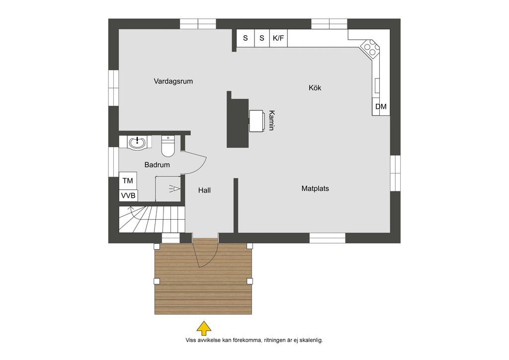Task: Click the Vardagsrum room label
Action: [173, 81]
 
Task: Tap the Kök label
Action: [315, 88]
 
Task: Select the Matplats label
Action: [315, 188]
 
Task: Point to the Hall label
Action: [204, 190]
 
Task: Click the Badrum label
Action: [157, 165]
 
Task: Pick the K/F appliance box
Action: [278, 38]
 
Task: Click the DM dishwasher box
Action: [381, 106]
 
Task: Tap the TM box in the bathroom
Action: [128, 180]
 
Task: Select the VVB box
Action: [128, 196]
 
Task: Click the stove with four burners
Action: [371, 49]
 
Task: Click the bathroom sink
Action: [138, 143]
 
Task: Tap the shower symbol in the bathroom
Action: [174, 188]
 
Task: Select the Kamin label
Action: [271, 120]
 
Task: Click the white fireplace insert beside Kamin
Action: [256, 121]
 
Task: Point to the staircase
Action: [152, 219]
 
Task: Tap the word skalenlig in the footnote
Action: [311, 341]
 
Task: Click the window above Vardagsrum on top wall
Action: [198, 24]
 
